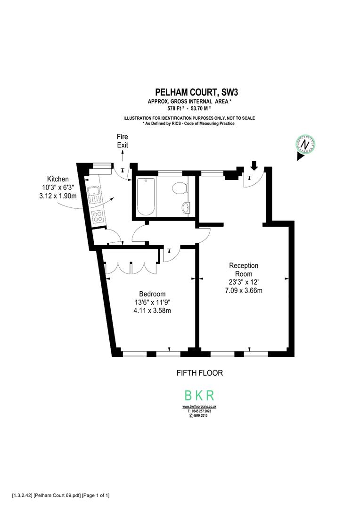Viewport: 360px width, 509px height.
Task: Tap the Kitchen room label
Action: (x=57, y=179)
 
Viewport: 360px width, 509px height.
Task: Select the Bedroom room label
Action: (x=152, y=294)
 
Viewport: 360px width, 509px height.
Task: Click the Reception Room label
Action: (x=243, y=270)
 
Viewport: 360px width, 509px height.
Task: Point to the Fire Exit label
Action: (x=122, y=141)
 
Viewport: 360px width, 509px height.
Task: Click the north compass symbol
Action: (x=305, y=144)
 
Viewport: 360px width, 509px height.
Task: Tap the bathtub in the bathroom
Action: (x=146, y=197)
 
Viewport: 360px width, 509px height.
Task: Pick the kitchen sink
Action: (x=95, y=194)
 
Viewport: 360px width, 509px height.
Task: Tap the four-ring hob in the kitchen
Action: (x=98, y=216)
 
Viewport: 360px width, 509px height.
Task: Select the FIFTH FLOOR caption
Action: (x=199, y=373)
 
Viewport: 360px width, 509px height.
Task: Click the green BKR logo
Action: (x=199, y=395)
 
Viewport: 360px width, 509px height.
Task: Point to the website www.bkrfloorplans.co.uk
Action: (x=199, y=407)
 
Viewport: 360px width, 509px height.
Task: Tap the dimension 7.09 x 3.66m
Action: (x=243, y=290)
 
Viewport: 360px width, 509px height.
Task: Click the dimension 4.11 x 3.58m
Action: (x=152, y=310)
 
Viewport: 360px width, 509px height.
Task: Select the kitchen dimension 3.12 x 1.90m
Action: (x=57, y=196)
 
